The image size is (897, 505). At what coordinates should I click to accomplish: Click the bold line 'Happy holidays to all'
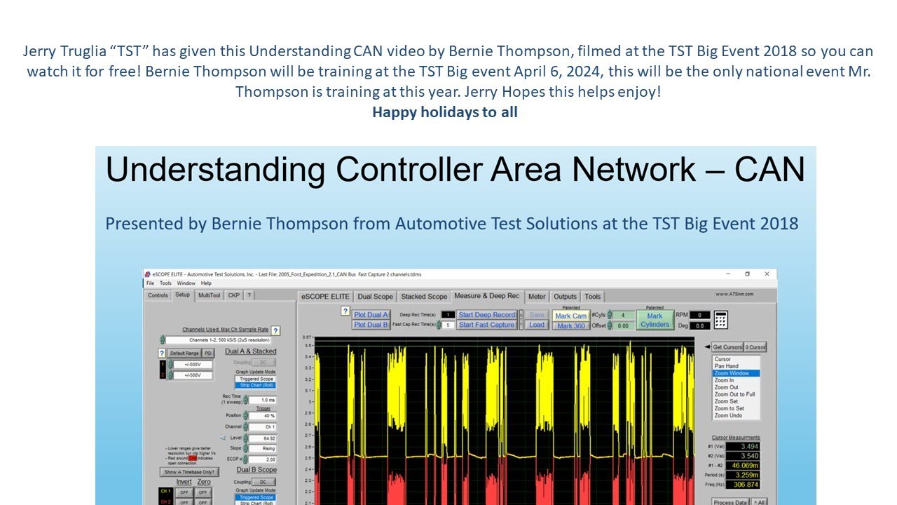(x=444, y=112)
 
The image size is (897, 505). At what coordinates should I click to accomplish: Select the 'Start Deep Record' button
(x=486, y=315)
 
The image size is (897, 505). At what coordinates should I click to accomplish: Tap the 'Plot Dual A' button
(x=371, y=315)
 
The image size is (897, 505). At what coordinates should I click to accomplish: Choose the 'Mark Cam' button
(x=571, y=316)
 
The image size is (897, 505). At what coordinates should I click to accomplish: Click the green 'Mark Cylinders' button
(x=655, y=320)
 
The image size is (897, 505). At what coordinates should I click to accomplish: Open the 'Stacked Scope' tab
(x=424, y=297)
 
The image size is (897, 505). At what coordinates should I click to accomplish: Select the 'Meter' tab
(x=537, y=297)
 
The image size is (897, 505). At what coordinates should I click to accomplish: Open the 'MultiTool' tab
(x=209, y=295)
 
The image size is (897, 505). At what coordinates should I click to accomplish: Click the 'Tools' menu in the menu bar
(x=165, y=283)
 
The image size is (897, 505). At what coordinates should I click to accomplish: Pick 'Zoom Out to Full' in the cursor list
(x=734, y=394)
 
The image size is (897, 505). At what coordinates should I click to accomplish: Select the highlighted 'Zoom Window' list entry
(x=732, y=373)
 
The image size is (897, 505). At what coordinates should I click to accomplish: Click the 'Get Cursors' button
(x=727, y=347)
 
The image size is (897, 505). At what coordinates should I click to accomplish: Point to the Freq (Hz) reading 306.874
(x=747, y=485)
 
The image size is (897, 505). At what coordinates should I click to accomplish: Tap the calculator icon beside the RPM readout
(x=721, y=320)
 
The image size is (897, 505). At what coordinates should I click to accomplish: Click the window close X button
(x=767, y=274)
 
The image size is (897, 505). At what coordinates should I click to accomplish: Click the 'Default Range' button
(x=184, y=353)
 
